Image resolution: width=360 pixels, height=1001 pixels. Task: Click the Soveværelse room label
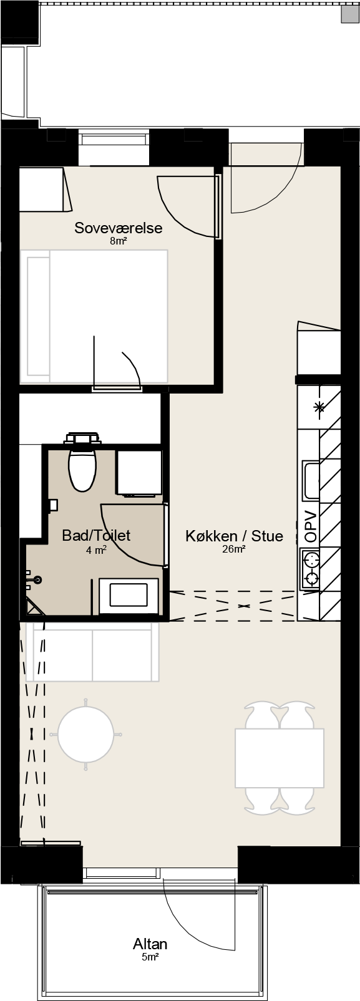118,228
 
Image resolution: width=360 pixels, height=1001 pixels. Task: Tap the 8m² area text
118,242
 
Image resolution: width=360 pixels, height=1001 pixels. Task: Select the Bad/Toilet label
96,535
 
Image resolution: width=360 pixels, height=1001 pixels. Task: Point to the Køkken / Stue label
235,535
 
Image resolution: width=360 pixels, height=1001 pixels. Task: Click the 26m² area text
234,549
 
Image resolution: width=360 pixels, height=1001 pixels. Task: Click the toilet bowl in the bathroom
82,470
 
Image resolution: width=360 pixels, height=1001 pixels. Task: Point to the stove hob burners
311,569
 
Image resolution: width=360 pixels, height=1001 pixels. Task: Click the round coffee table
85,734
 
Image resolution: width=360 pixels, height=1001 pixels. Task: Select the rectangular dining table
280,758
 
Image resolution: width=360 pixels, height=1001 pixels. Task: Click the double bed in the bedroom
94,316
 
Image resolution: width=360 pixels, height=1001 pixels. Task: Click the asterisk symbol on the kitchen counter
319,407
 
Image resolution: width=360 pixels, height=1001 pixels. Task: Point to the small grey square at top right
350,14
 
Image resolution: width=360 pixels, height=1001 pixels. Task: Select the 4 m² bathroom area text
96,549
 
